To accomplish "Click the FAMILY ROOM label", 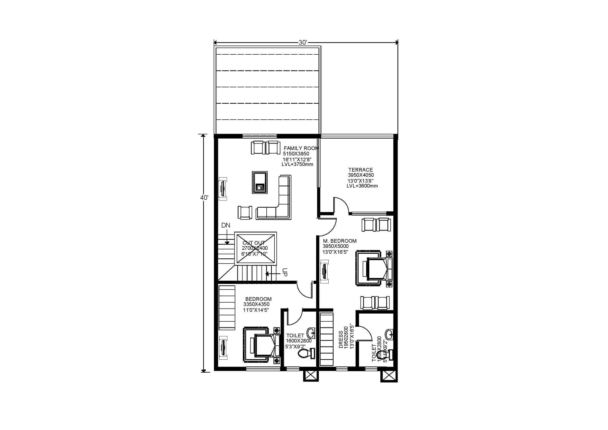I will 301,148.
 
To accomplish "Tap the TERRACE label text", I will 360,170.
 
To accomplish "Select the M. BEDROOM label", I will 340,241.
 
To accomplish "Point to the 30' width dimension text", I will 303,42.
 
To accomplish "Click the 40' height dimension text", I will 204,197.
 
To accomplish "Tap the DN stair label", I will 226,225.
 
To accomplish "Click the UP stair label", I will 284,272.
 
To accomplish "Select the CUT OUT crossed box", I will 255,248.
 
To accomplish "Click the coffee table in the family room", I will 259,182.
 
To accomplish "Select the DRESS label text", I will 341,339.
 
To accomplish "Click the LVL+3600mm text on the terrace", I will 362,186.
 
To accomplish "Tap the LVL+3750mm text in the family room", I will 297,164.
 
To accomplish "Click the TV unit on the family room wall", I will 223,189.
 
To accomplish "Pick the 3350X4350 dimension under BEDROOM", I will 256,304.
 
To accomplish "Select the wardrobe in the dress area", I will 326,339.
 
